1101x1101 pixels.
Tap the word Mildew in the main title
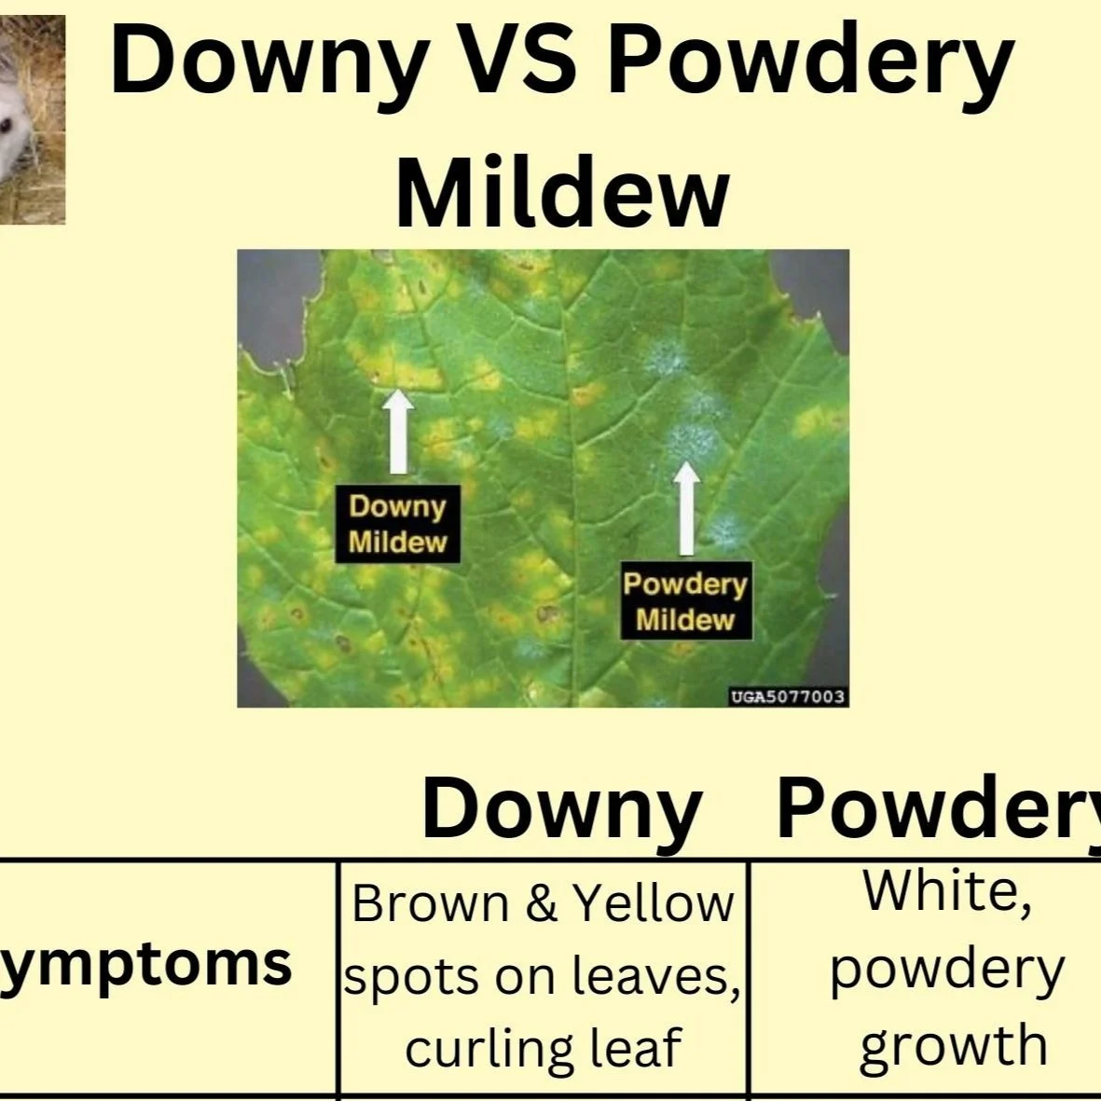pyautogui.click(x=562, y=193)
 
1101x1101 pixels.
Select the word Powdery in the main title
pyautogui.click(x=810, y=62)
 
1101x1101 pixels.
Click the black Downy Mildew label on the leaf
pyautogui.click(x=398, y=525)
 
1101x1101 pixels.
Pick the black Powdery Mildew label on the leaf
pyautogui.click(x=685, y=602)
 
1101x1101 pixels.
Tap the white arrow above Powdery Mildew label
pyautogui.click(x=686, y=507)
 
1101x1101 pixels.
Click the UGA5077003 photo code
pyautogui.click(x=788, y=696)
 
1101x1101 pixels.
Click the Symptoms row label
pyautogui.click(x=145, y=963)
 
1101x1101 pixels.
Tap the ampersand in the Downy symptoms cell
pyautogui.click(x=541, y=903)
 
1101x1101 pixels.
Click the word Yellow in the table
pyautogui.click(x=654, y=903)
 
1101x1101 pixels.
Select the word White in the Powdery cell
pyautogui.click(x=946, y=890)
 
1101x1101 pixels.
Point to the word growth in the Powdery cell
pyautogui.click(x=953, y=1045)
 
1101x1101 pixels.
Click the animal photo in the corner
pyautogui.click(x=32, y=119)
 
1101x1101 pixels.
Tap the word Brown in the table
pyautogui.click(x=431, y=903)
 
